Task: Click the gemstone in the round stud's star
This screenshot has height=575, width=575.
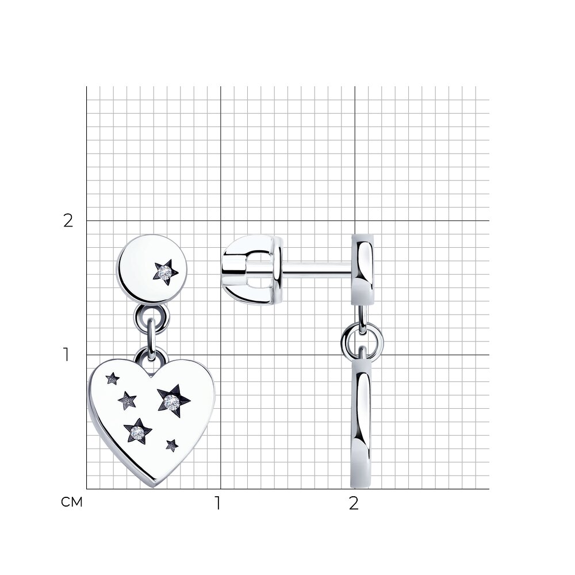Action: (164, 272)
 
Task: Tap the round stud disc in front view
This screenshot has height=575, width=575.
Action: (152, 269)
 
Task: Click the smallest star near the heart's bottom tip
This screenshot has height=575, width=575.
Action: (171, 445)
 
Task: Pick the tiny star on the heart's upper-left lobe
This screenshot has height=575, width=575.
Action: (113, 378)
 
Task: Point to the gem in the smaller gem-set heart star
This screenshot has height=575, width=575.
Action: (137, 433)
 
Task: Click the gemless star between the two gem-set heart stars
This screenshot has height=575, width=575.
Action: (127, 400)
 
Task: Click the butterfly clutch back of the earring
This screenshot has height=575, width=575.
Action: (252, 270)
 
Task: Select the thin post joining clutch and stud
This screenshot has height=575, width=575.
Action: (317, 270)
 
